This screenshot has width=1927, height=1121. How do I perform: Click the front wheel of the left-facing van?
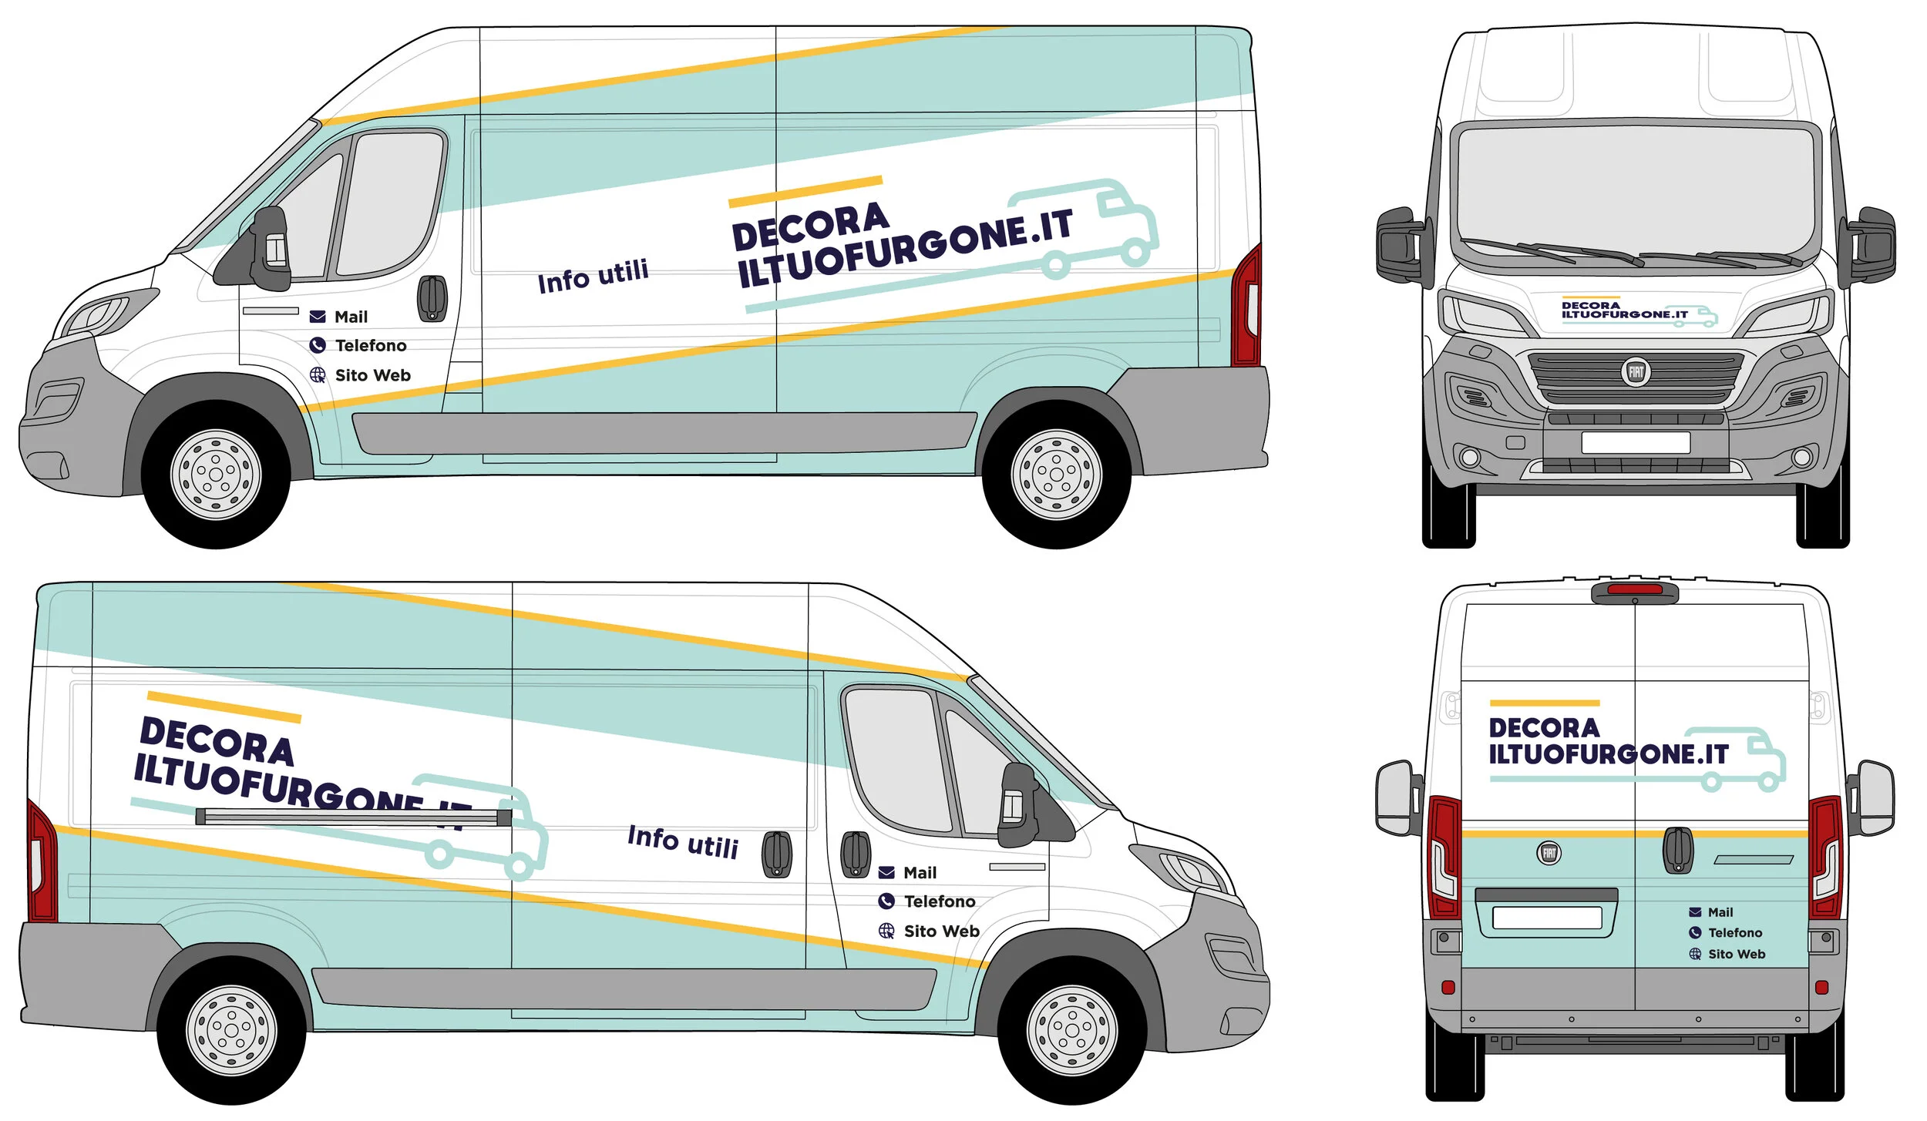pos(215,474)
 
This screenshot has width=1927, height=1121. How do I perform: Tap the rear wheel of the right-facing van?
pos(230,1030)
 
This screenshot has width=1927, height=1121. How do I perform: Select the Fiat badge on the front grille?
pos(1635,373)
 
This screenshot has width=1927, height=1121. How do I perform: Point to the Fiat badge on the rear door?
pos(1549,853)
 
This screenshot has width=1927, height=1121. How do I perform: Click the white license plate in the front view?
pos(1635,442)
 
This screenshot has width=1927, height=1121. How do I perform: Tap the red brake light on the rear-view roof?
pos(1634,589)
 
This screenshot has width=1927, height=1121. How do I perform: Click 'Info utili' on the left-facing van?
pos(593,277)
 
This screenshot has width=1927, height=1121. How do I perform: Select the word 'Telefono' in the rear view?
pos(1734,932)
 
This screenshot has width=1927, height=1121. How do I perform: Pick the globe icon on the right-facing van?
pos(886,931)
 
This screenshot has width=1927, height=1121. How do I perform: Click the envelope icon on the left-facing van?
pos(317,317)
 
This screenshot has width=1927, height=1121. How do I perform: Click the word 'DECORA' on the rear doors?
pos(1544,728)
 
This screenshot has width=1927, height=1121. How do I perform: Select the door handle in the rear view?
pos(1677,851)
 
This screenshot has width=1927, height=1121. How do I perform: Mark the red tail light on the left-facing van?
pos(1247,308)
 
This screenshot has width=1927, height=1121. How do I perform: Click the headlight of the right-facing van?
pos(1187,869)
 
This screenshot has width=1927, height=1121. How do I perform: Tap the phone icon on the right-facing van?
pos(886,901)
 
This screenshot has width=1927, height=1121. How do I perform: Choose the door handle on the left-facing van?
pos(432,297)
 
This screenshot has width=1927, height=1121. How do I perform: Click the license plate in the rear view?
pos(1546,918)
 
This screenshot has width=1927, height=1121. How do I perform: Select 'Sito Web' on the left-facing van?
pos(372,375)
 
